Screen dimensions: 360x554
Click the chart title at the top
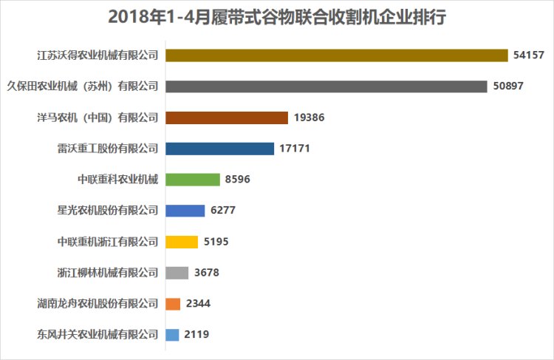277,17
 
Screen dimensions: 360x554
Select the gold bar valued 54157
336,55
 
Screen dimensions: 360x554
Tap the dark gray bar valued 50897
326,86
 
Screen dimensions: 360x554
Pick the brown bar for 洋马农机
227,118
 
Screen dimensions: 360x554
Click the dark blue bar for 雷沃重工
219,149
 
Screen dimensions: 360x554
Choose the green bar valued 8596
193,180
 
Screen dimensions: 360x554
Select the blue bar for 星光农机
185,211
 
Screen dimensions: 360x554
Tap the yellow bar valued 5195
182,242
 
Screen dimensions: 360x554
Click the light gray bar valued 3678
177,273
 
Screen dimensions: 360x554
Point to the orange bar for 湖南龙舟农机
173,304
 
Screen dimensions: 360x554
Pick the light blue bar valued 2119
172,335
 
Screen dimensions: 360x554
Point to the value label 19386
310,118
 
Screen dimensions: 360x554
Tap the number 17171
295,149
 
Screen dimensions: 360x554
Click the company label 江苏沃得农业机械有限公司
98,55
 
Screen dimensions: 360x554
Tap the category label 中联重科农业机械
118,180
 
